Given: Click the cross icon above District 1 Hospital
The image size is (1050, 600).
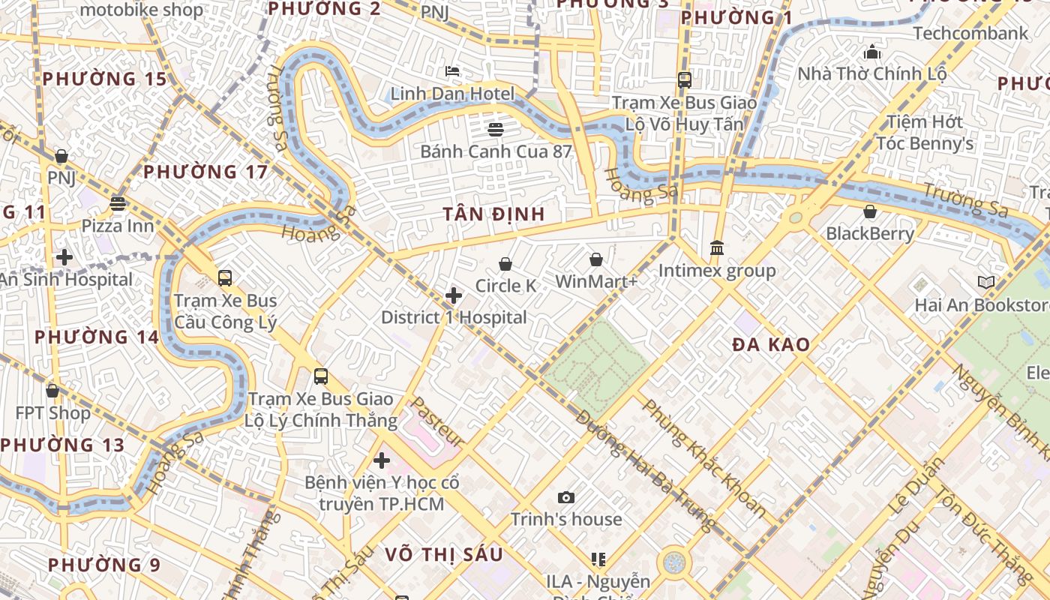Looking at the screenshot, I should pyautogui.click(x=454, y=295).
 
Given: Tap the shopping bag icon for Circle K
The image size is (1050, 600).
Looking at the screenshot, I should pyautogui.click(x=505, y=264).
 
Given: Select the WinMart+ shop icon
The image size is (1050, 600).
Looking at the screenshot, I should pyautogui.click(x=596, y=259).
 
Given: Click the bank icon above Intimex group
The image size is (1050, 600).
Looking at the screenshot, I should pyautogui.click(x=717, y=247).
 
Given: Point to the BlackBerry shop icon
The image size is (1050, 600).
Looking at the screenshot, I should pyautogui.click(x=870, y=212).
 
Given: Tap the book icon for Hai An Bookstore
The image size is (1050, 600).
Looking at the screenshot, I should pyautogui.click(x=986, y=283).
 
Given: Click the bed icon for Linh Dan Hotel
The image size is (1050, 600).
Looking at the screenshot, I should pyautogui.click(x=452, y=71).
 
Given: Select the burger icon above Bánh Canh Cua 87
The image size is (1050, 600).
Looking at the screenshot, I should pyautogui.click(x=495, y=129).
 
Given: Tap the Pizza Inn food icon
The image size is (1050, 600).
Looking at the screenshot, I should pyautogui.click(x=118, y=203).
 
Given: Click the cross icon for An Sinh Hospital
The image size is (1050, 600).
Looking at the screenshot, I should pyautogui.click(x=64, y=257).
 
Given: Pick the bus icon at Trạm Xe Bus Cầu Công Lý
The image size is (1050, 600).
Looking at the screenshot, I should pyautogui.click(x=225, y=278).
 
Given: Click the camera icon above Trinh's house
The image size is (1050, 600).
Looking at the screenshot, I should pyautogui.click(x=566, y=497).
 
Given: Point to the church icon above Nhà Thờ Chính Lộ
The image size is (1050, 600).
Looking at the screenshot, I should pyautogui.click(x=872, y=52).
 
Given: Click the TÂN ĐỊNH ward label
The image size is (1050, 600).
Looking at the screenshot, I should pyautogui.click(x=493, y=214).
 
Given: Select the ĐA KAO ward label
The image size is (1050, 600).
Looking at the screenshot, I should pyautogui.click(x=771, y=345).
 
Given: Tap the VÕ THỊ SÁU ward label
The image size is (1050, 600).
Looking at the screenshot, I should pyautogui.click(x=444, y=554).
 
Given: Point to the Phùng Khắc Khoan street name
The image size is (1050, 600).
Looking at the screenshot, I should pyautogui.click(x=703, y=459).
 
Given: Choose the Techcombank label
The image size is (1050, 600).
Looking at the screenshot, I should pyautogui.click(x=970, y=33).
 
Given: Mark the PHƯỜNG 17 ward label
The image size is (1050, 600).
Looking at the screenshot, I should pyautogui.click(x=205, y=172).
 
